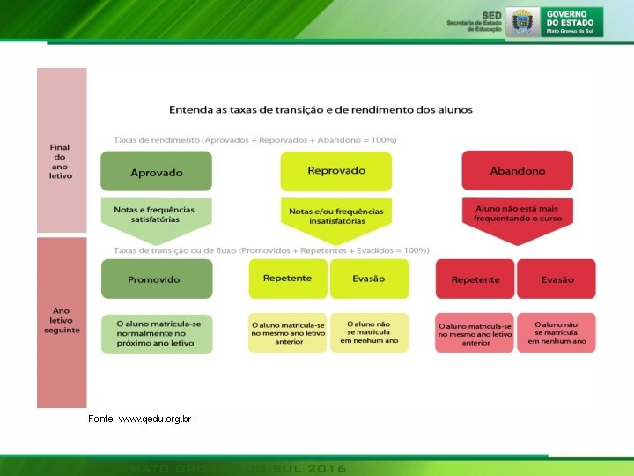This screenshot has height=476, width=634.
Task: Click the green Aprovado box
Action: coord(157,171)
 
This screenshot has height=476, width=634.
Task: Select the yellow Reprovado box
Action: coord(336,170)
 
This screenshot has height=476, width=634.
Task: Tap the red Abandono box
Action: coord(518,170)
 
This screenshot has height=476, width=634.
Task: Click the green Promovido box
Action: coord(157,279)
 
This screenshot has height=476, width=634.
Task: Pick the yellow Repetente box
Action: coord(288,278)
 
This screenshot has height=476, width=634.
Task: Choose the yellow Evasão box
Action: coord(369,278)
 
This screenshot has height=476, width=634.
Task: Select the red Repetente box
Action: coord(475,279)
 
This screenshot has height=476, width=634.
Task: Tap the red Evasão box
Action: coord(557,279)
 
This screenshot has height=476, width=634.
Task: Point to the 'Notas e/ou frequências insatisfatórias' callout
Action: coord(336,214)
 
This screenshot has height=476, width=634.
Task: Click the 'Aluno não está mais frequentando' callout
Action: coord(518,213)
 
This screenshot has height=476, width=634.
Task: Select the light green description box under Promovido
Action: coord(157,334)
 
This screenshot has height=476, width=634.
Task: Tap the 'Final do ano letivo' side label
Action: coord(61,161)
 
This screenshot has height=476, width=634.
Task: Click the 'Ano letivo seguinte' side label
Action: coord(62,320)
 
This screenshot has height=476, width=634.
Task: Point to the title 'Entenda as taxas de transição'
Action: coord(321,109)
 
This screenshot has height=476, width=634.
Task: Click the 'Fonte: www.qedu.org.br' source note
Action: coord(140,419)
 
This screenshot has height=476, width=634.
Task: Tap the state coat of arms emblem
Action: coord(523,21)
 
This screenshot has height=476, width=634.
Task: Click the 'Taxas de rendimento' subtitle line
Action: coord(255,139)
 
